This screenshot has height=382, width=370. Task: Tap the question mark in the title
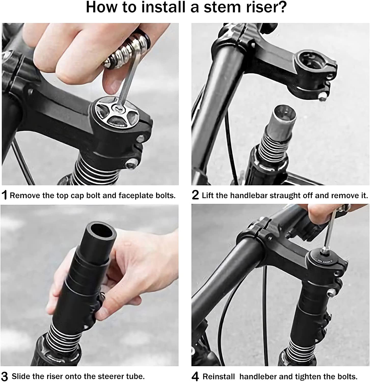click(x=282, y=8)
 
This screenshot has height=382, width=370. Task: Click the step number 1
click(x=4, y=195)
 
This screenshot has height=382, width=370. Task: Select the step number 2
click(x=195, y=195)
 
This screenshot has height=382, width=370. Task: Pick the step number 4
click(x=195, y=376)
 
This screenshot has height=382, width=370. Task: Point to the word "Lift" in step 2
click(x=208, y=196)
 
